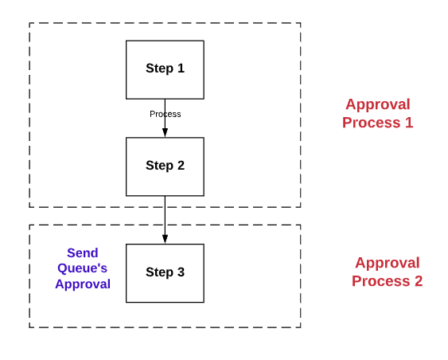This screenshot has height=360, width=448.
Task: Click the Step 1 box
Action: point(165,69)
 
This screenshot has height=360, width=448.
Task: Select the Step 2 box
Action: point(165,166)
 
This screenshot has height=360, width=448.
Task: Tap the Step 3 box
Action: point(165,272)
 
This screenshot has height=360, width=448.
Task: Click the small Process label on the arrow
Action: point(165,114)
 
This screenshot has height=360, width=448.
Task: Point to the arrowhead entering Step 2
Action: point(165,132)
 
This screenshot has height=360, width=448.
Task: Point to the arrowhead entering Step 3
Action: point(165,239)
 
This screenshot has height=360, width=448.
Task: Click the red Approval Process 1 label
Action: point(377,113)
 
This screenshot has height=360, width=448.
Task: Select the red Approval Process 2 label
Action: point(387,272)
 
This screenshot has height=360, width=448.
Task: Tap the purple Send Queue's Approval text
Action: point(82,268)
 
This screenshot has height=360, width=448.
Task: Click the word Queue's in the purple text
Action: point(82,268)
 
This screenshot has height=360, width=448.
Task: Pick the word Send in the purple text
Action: point(82,253)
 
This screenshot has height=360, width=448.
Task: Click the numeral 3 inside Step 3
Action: point(181,272)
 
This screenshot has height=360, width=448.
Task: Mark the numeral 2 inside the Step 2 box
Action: point(181,166)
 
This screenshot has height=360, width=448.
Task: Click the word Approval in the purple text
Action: point(82,284)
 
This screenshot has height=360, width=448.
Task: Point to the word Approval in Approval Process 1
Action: point(377,104)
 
